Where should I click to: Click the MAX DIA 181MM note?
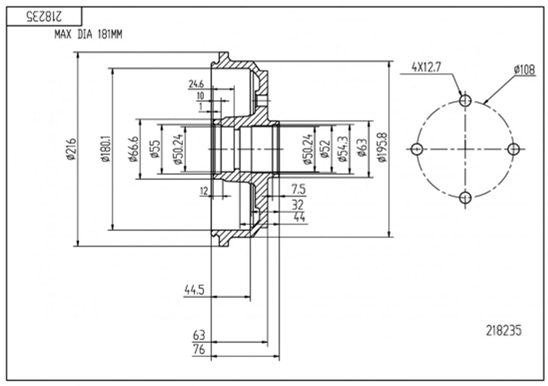pyautogui.click(x=88, y=35)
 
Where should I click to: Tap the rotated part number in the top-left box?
pyautogui.click(x=44, y=17)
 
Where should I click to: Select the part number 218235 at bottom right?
pyautogui.click(x=503, y=331)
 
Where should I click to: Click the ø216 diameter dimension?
pyautogui.click(x=71, y=149)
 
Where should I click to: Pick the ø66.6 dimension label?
pyautogui.click(x=133, y=149)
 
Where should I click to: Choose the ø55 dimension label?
pyautogui.click(x=155, y=149)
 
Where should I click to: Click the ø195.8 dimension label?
pyautogui.click(x=382, y=147)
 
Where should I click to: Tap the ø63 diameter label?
pyautogui.click(x=362, y=148)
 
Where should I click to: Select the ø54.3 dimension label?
pyautogui.click(x=342, y=149)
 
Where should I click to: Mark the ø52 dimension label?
pyautogui.click(x=325, y=149)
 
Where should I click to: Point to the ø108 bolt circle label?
pyautogui.click(x=524, y=70)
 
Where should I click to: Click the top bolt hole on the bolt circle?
pyautogui.click(x=465, y=100)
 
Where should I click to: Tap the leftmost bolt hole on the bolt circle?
pyautogui.click(x=417, y=150)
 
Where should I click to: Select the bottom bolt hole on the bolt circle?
pyautogui.click(x=466, y=197)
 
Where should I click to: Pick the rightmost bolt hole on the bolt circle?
pyautogui.click(x=513, y=149)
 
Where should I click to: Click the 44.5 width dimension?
pyautogui.click(x=194, y=290)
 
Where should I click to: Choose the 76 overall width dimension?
pyautogui.click(x=199, y=350)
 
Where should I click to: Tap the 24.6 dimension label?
pyautogui.click(x=196, y=84)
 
